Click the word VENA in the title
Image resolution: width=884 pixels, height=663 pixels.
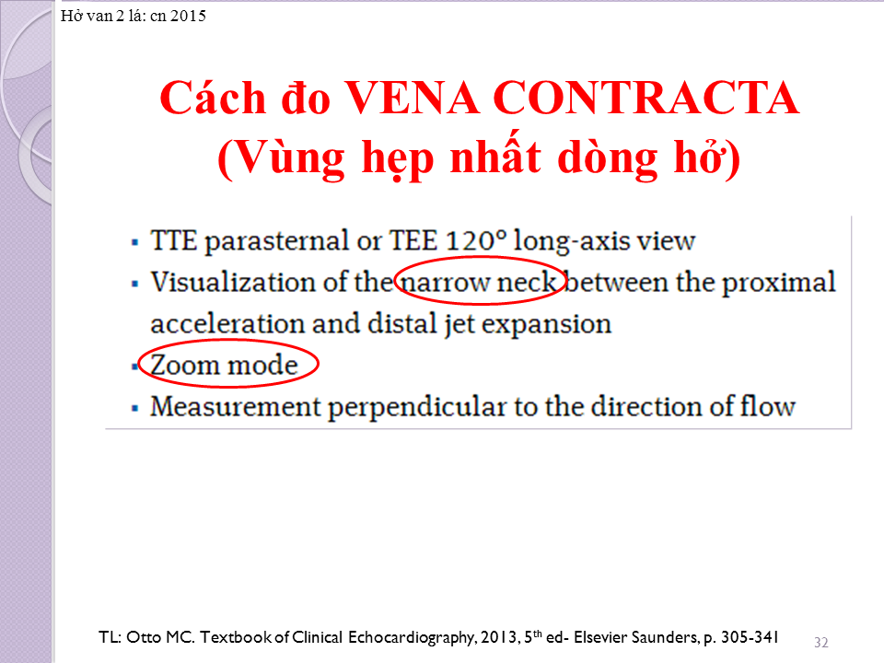click(x=413, y=99)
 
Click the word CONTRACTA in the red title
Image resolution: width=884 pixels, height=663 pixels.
click(x=646, y=99)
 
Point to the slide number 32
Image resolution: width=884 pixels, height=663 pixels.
click(x=820, y=642)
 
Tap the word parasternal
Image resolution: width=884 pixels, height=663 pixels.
click(x=276, y=242)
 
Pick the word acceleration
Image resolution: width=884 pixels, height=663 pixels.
click(x=227, y=323)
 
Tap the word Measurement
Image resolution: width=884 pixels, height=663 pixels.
click(x=235, y=406)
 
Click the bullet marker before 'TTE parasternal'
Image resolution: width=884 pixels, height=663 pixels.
click(x=134, y=243)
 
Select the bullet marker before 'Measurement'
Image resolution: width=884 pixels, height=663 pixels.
click(x=134, y=408)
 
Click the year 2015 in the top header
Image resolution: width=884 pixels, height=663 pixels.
click(x=188, y=16)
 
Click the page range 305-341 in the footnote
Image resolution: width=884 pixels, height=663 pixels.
click(x=750, y=637)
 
